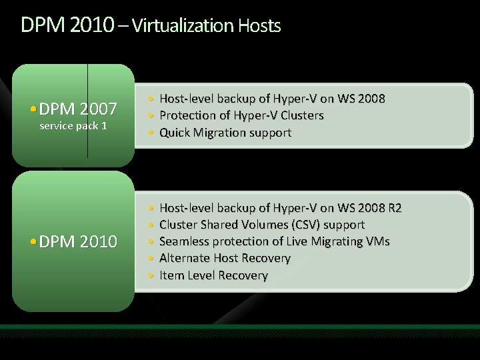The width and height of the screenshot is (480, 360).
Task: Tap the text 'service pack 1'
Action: tap(73, 125)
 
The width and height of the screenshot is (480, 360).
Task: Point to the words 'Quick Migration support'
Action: tap(225, 132)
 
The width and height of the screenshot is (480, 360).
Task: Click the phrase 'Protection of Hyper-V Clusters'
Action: tap(241, 115)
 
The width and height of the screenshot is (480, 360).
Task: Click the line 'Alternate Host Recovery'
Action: tap(225, 258)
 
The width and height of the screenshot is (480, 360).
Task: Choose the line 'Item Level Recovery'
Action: tap(214, 275)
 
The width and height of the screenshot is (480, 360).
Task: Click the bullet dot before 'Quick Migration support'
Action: tap(153, 133)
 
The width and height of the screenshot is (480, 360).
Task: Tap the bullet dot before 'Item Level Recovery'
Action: tap(153, 275)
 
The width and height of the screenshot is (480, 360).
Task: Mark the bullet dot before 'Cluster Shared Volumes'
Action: tap(153, 225)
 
